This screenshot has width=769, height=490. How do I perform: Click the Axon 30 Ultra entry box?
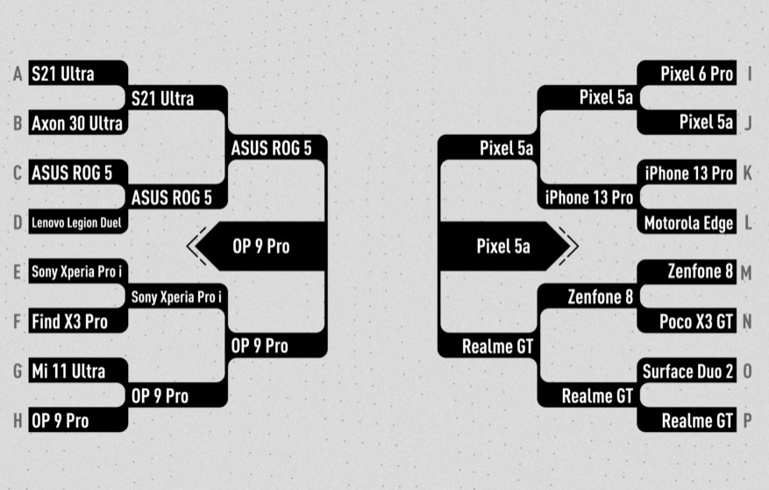pyautogui.click(x=77, y=124)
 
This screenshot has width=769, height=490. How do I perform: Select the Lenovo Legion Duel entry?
pyautogui.click(x=77, y=223)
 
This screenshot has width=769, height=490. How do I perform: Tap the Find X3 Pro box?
pyautogui.click(x=77, y=322)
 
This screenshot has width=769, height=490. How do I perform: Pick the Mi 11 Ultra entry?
pyautogui.click(x=77, y=372)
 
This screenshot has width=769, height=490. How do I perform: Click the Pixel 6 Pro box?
pyautogui.click(x=687, y=74)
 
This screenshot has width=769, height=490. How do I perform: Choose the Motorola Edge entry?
pyautogui.click(x=687, y=224)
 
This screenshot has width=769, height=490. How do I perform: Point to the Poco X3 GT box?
pyautogui.click(x=687, y=322)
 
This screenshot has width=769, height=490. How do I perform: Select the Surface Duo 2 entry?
pyautogui.click(x=687, y=372)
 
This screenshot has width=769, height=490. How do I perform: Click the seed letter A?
pyautogui.click(x=17, y=75)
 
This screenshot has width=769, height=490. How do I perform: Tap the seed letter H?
pyautogui.click(x=17, y=422)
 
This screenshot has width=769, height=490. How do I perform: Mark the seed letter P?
pyautogui.click(x=747, y=422)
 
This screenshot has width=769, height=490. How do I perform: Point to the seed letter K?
pyautogui.click(x=747, y=174)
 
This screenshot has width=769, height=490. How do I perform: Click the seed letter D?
pyautogui.click(x=17, y=223)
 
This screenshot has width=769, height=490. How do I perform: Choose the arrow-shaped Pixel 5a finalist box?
pyautogui.click(x=503, y=247)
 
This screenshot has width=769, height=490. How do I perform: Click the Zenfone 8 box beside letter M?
pyautogui.click(x=687, y=273)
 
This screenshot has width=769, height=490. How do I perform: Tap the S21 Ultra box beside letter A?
pyautogui.click(x=77, y=74)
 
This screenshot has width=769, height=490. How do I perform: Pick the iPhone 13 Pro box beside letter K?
pyautogui.click(x=687, y=174)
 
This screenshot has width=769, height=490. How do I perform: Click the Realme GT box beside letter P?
pyautogui.click(x=687, y=422)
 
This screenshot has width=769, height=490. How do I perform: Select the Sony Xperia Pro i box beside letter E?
pyautogui.click(x=77, y=273)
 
